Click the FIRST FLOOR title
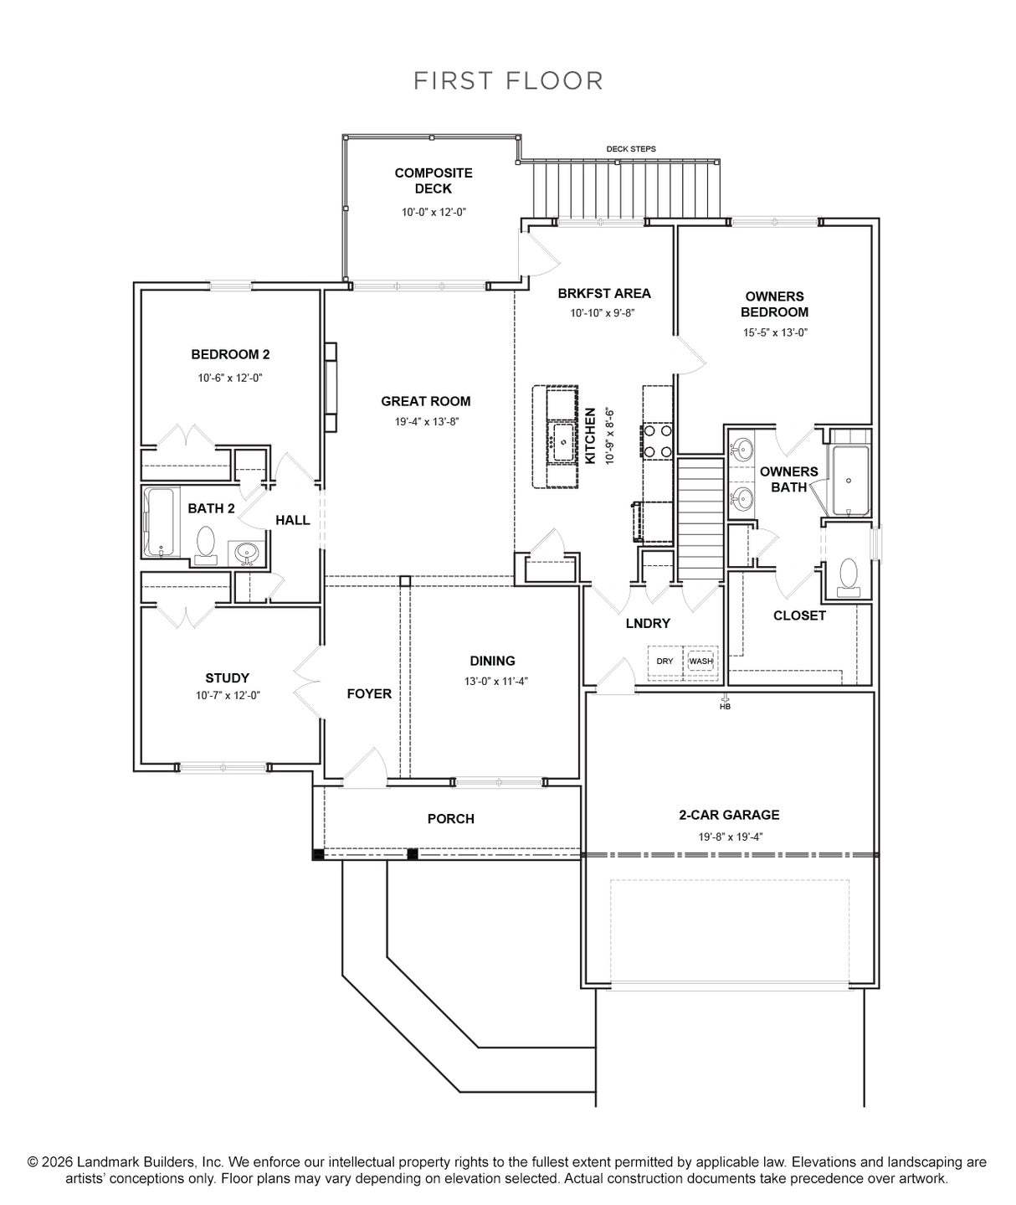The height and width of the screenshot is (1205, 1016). pyautogui.click(x=508, y=80)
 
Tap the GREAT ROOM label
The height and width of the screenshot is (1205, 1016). pyautogui.click(x=426, y=401)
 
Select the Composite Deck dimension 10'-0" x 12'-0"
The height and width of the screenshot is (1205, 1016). pyautogui.click(x=434, y=213)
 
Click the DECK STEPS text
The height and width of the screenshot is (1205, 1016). pyautogui.click(x=630, y=149)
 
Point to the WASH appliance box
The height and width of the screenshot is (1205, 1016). pyautogui.click(x=701, y=661)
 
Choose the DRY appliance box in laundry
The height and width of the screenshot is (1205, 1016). pyautogui.click(x=665, y=661)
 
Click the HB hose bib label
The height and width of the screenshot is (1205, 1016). pyautogui.click(x=726, y=706)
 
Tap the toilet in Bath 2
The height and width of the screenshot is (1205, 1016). pyautogui.click(x=205, y=545)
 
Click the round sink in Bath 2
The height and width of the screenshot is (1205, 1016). pyautogui.click(x=247, y=554)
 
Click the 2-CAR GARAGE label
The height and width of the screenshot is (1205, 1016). pyautogui.click(x=729, y=815)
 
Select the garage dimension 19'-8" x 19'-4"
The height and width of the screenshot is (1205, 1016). pyautogui.click(x=731, y=837)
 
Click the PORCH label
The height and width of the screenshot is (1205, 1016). pyautogui.click(x=450, y=818)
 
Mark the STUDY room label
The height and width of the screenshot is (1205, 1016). pyautogui.click(x=228, y=677)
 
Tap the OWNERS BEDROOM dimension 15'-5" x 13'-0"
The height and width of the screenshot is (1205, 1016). pyautogui.click(x=775, y=332)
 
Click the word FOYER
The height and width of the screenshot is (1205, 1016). pyautogui.click(x=369, y=693)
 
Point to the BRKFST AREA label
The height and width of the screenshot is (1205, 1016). pyautogui.click(x=604, y=293)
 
